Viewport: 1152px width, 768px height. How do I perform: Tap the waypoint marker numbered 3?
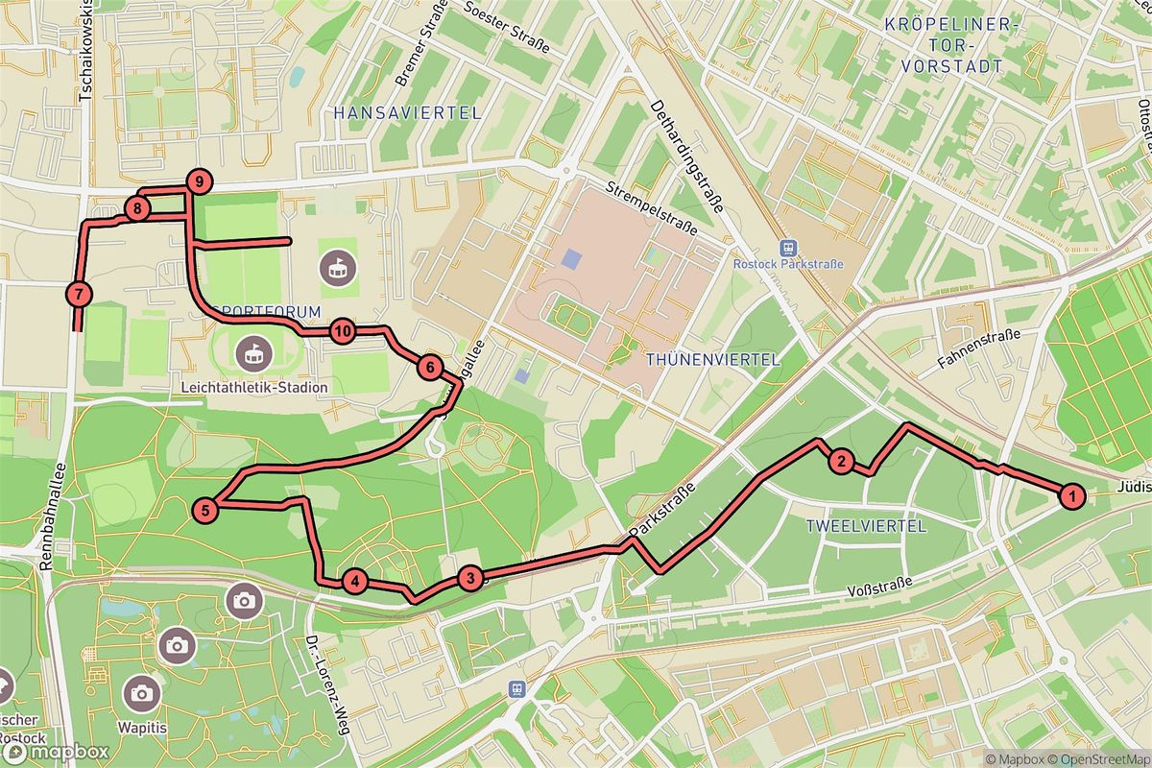pos(469,578)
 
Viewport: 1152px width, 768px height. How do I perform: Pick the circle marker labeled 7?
pos(78,295)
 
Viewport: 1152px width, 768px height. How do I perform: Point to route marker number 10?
pos(343,332)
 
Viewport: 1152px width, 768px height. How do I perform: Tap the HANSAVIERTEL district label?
pos(407,113)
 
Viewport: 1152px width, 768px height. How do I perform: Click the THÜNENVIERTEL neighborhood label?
pos(713,359)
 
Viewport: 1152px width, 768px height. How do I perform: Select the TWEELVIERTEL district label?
pos(866,526)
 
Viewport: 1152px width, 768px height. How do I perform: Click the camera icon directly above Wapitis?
pos(142,691)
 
